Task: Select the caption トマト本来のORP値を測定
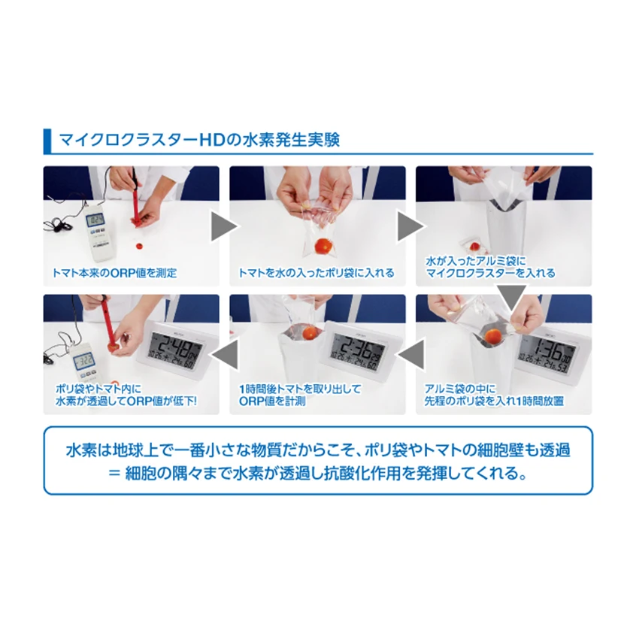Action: (115, 273)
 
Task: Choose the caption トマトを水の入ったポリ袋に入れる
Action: (316, 273)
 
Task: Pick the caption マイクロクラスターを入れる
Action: (490, 273)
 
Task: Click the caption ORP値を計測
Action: (269, 401)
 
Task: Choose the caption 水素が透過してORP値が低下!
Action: (126, 401)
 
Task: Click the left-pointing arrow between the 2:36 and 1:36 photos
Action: (410, 351)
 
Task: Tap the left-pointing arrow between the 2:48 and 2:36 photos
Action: (224, 351)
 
